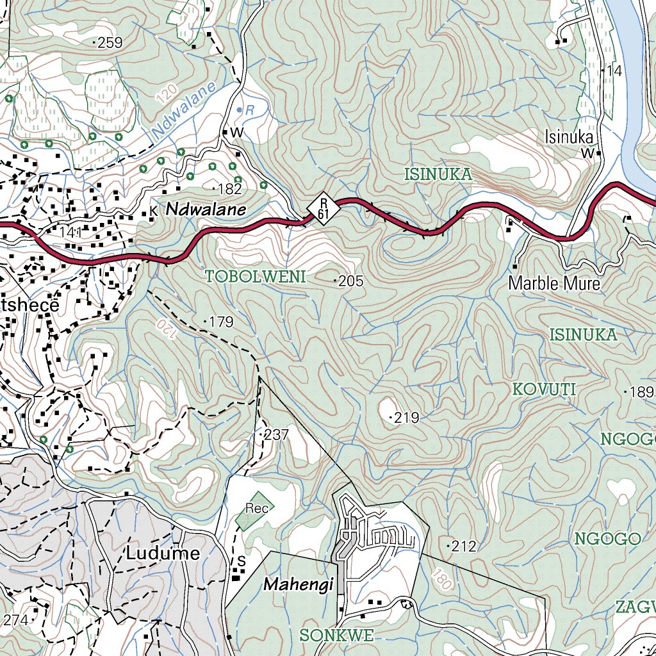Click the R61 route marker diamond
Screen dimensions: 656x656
(x=322, y=209)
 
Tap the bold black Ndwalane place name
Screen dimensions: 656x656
(x=206, y=209)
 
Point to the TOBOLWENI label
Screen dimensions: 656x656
(x=256, y=277)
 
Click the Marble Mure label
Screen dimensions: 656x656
(x=554, y=283)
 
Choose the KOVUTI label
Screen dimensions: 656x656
(x=545, y=389)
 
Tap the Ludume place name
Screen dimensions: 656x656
(x=163, y=553)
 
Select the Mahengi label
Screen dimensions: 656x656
(x=299, y=584)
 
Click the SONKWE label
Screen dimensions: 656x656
(x=336, y=635)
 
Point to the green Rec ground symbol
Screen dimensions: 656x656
(x=256, y=509)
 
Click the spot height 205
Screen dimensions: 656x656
(x=350, y=281)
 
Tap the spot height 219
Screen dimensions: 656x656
(x=405, y=418)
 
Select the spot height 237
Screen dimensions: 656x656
(x=274, y=435)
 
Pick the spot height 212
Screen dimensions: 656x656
(x=462, y=546)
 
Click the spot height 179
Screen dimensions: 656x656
(x=219, y=322)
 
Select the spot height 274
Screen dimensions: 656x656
(x=16, y=619)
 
